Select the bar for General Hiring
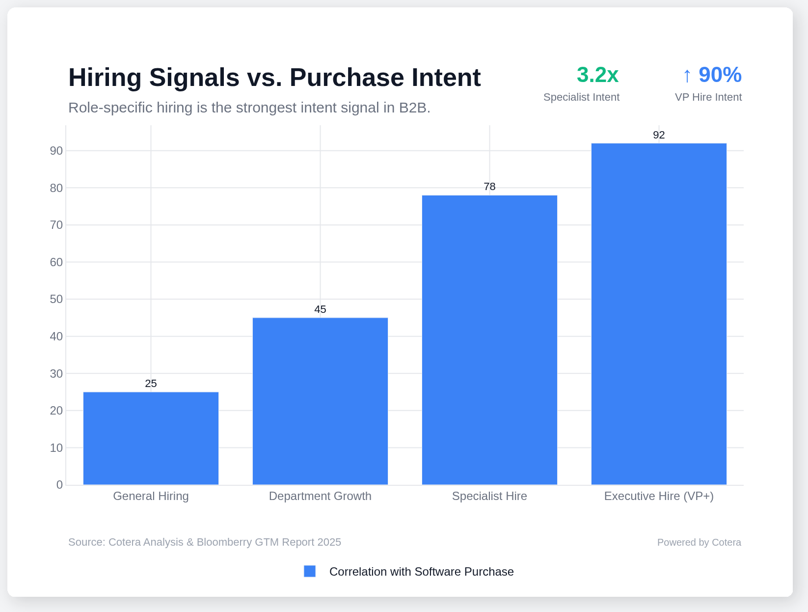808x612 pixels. coord(151,438)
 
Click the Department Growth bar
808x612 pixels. coord(320,401)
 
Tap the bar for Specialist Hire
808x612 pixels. coord(489,340)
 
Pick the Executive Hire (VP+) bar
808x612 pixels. coord(659,314)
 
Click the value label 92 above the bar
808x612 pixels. coord(659,135)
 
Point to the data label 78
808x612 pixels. coord(489,187)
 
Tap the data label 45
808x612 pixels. coord(320,309)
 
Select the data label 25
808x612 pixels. coord(151,384)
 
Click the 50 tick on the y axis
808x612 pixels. coord(56,299)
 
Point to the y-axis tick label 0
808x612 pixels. coord(59,485)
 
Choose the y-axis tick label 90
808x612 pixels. coord(56,151)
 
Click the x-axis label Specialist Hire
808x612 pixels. coord(489,496)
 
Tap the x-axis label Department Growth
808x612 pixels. coord(320,496)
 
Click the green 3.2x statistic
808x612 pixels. coord(597,75)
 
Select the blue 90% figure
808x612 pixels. coord(720,75)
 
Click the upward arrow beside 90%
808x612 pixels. coord(687,76)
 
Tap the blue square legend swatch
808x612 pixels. coord(310,571)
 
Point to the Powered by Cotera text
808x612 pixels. coord(699,542)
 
